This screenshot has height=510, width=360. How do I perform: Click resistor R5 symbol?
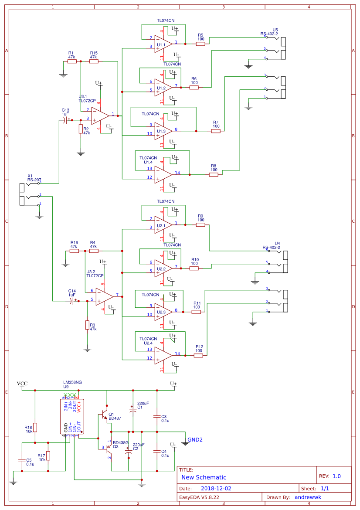[x=200, y=44]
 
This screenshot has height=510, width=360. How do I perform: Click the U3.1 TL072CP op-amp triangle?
[x=100, y=116]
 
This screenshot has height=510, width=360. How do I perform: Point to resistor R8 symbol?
[x=214, y=174]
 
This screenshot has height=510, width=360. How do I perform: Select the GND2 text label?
[x=195, y=440]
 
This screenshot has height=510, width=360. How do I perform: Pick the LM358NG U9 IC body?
[x=72, y=416]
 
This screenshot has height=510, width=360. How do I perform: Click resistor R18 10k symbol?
[x=35, y=427]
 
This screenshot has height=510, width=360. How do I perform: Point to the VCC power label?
[x=22, y=384]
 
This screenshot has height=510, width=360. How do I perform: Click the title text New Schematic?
[x=204, y=478]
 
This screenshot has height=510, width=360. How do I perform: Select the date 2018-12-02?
[x=216, y=489]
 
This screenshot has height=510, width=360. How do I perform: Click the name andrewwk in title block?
[x=308, y=497]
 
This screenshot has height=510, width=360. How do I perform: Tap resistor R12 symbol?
[x=198, y=356]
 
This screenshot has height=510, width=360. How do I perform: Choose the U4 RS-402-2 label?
[x=272, y=245]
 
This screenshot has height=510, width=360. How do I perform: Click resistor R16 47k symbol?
[x=74, y=251]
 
